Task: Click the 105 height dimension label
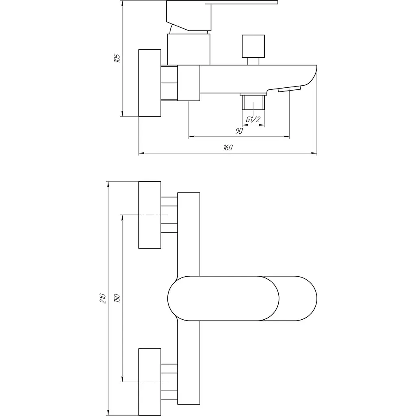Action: point(117,58)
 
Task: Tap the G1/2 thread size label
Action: point(253,120)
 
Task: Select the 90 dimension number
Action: point(239,131)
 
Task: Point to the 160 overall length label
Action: point(227,147)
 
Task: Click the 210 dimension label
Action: point(103,299)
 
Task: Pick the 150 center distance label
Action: point(117,298)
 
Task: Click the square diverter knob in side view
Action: point(253,46)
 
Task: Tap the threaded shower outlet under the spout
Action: point(253,102)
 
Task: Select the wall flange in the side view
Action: point(149,83)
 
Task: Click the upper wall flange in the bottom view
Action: point(149,215)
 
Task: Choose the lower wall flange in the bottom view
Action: point(149,382)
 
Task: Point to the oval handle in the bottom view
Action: point(242,299)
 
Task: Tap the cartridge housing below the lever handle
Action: point(188,49)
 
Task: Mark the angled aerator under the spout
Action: point(289,89)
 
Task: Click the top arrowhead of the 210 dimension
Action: point(108,185)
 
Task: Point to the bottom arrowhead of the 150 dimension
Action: point(122,379)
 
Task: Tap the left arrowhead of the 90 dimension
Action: point(192,136)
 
